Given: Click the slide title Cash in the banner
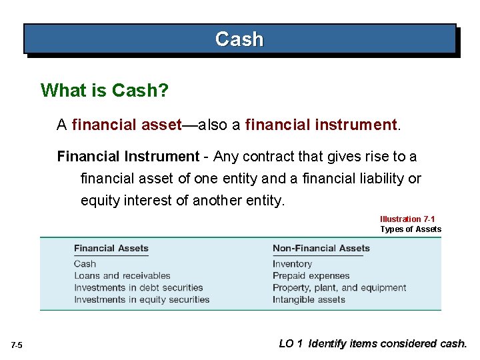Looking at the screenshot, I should tap(239, 39).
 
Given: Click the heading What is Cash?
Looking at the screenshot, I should tap(104, 90).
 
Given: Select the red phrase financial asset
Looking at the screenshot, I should tap(127, 124).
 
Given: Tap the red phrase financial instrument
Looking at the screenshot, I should tap(321, 124).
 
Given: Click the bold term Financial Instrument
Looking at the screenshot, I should tap(128, 157).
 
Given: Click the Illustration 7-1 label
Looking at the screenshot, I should tap(410, 219).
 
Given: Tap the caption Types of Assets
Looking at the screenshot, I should tap(411, 229).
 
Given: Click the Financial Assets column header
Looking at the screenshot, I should tap(111, 249).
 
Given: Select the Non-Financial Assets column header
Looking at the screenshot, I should tap(321, 249).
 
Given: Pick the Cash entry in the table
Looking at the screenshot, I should tap(85, 264).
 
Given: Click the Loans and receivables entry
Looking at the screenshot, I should tap(122, 276).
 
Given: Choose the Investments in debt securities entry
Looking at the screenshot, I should tap(138, 288).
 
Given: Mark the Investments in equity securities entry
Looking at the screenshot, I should tap(141, 300).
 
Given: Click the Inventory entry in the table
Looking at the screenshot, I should tap(292, 264).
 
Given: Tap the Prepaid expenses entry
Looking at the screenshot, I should tap(311, 276).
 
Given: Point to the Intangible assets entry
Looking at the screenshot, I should tap(309, 300).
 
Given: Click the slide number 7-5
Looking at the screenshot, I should tap(17, 345).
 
